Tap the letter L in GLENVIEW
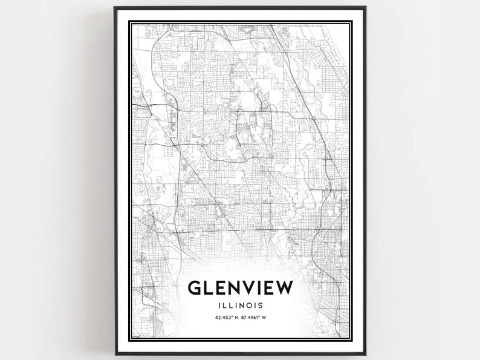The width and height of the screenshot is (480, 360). [x=212, y=288]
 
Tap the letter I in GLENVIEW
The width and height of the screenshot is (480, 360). [x=262, y=288]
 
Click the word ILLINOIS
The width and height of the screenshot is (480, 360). [x=240, y=306]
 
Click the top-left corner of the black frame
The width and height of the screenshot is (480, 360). [x=115, y=8]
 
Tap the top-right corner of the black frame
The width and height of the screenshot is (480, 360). [x=365, y=8]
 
